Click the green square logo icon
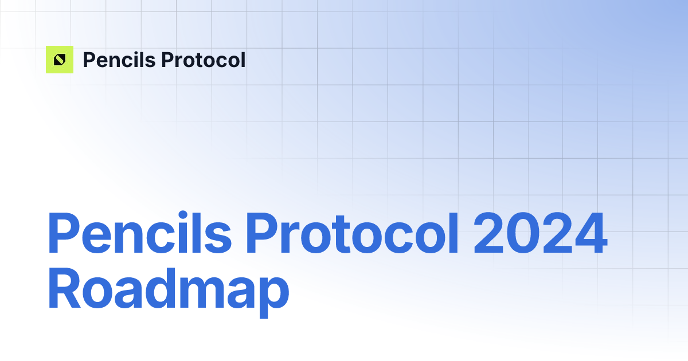(x=60, y=60)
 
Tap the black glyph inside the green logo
(x=60, y=60)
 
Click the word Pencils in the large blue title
(x=139, y=234)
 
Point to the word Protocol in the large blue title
(x=352, y=234)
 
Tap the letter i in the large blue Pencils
(x=183, y=234)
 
